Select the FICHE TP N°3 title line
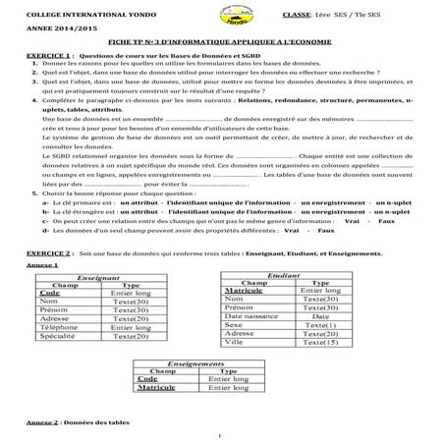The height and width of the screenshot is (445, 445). (222, 48)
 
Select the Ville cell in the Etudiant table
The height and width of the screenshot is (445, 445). (237, 345)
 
